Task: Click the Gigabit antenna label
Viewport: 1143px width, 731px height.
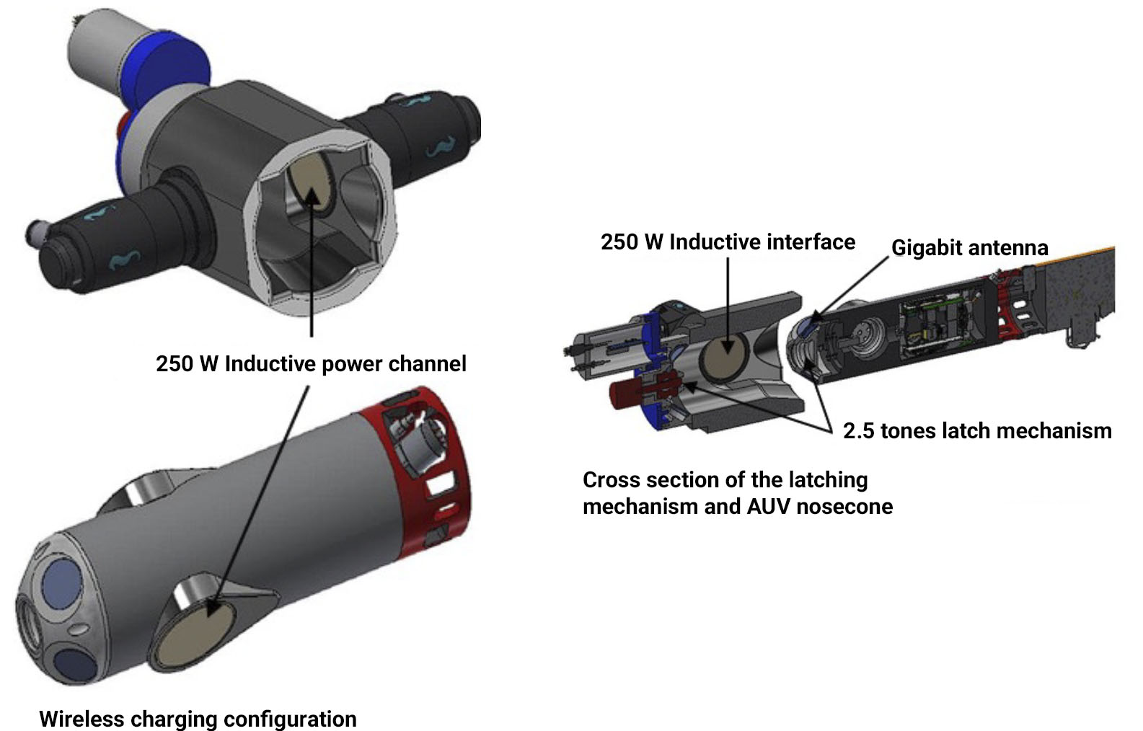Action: coord(969,248)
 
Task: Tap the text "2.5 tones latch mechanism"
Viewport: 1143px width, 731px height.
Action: coord(977,431)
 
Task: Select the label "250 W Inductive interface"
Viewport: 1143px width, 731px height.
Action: coord(728,242)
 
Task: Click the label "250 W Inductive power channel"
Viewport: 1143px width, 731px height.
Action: coord(311,364)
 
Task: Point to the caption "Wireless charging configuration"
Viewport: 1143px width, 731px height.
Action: coord(198,719)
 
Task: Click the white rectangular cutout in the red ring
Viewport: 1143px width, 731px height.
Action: coord(441,483)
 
